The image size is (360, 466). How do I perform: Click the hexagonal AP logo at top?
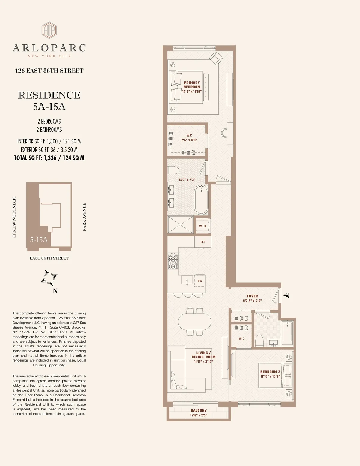(49, 30)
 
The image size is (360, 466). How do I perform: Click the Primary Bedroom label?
(192, 85)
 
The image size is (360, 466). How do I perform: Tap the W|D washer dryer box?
(203, 226)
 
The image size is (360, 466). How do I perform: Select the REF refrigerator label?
(203, 242)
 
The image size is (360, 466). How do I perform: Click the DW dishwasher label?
(200, 281)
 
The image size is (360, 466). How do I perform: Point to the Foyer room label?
(252, 296)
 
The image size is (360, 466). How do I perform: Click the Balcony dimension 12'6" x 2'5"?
(199, 416)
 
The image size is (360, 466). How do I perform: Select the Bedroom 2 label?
(270, 372)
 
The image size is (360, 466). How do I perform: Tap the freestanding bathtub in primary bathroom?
(201, 200)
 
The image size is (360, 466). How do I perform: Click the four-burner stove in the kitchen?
(173, 261)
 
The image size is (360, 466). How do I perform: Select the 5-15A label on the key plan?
(39, 240)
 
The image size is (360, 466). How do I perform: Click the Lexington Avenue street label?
(14, 217)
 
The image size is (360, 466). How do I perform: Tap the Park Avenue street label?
(85, 217)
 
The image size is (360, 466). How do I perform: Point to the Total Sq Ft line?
(49, 158)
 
